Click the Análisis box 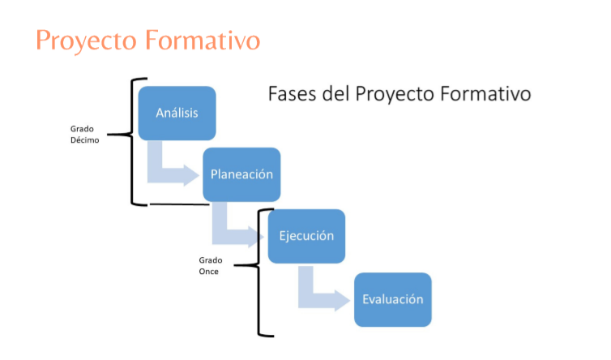tap(177, 114)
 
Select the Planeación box tap(241, 174)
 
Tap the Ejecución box tap(306, 236)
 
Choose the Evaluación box tap(393, 299)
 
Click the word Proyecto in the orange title tap(86, 41)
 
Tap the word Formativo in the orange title tap(203, 41)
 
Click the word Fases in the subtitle tap(292, 94)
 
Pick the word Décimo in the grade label tap(84, 140)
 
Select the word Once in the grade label tap(208, 272)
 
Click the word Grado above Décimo tap(82, 129)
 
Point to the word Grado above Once tap(211, 260)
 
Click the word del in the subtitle tap(335, 94)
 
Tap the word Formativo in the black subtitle tap(485, 94)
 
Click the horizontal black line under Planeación tap(180, 204)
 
